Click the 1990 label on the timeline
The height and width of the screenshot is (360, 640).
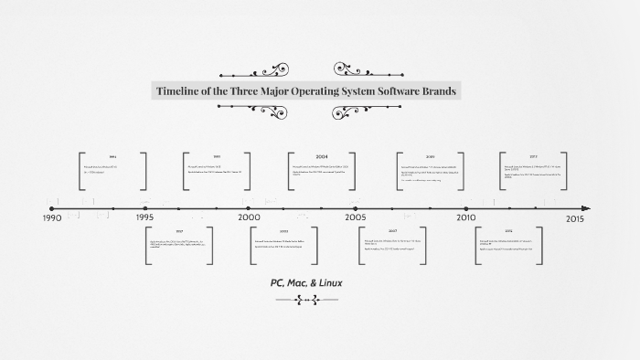coord(52,218)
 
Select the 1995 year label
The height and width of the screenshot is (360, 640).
coord(144,218)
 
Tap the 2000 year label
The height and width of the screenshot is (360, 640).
coord(249,218)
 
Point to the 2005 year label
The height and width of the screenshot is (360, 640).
coord(356,218)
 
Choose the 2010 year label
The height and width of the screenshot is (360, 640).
coord(466,218)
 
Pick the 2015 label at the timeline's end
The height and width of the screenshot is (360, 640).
coord(575,218)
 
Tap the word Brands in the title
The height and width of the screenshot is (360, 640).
coord(436,91)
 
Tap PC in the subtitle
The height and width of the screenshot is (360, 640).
coord(277,282)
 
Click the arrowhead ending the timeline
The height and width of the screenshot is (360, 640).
coord(586,208)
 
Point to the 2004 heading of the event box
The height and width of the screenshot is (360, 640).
coord(322,156)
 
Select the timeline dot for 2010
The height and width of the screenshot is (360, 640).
coord(466,208)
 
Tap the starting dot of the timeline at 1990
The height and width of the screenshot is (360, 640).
coord(51,208)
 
